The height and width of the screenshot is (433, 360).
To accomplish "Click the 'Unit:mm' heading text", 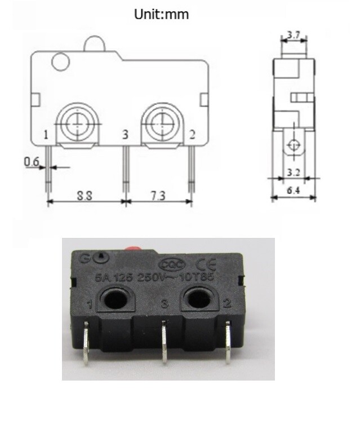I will click(161, 15).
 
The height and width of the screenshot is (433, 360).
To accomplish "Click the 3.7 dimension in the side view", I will click(293, 35).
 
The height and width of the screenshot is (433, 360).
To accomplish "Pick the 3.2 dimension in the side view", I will click(293, 171).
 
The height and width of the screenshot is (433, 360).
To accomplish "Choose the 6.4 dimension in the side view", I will click(293, 191).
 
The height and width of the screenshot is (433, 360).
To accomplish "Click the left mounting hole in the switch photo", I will click(115, 299).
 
